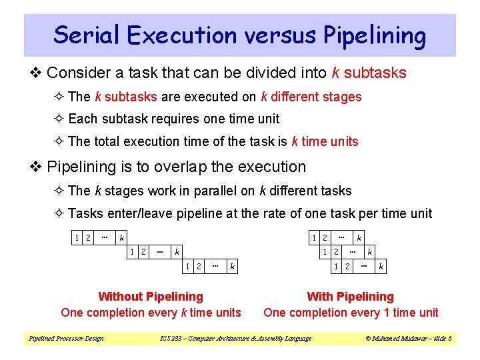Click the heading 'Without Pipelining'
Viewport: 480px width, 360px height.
click(151, 297)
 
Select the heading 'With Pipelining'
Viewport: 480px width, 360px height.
click(351, 297)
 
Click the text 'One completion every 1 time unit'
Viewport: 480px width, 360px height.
click(351, 313)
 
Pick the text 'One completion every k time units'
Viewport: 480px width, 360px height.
click(151, 313)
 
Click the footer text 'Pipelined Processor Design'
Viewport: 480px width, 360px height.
click(66, 339)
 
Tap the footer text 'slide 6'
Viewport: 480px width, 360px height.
click(440, 339)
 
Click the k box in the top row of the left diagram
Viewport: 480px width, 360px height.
click(121, 237)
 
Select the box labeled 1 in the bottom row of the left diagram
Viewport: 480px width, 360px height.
click(189, 267)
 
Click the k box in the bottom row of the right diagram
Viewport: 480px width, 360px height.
click(381, 267)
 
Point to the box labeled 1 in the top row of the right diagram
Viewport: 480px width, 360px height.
click(315, 237)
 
